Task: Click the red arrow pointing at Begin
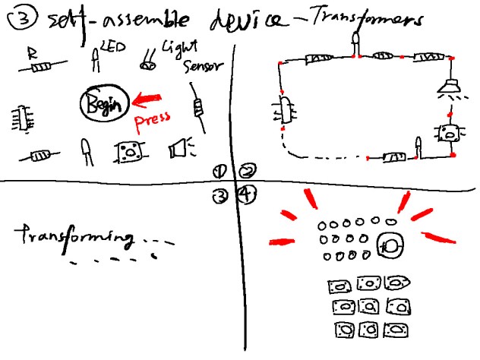point(150,98)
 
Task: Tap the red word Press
point(151,120)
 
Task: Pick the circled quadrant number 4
point(246,195)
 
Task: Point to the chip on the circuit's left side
point(286,111)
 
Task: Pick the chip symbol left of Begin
point(21,118)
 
